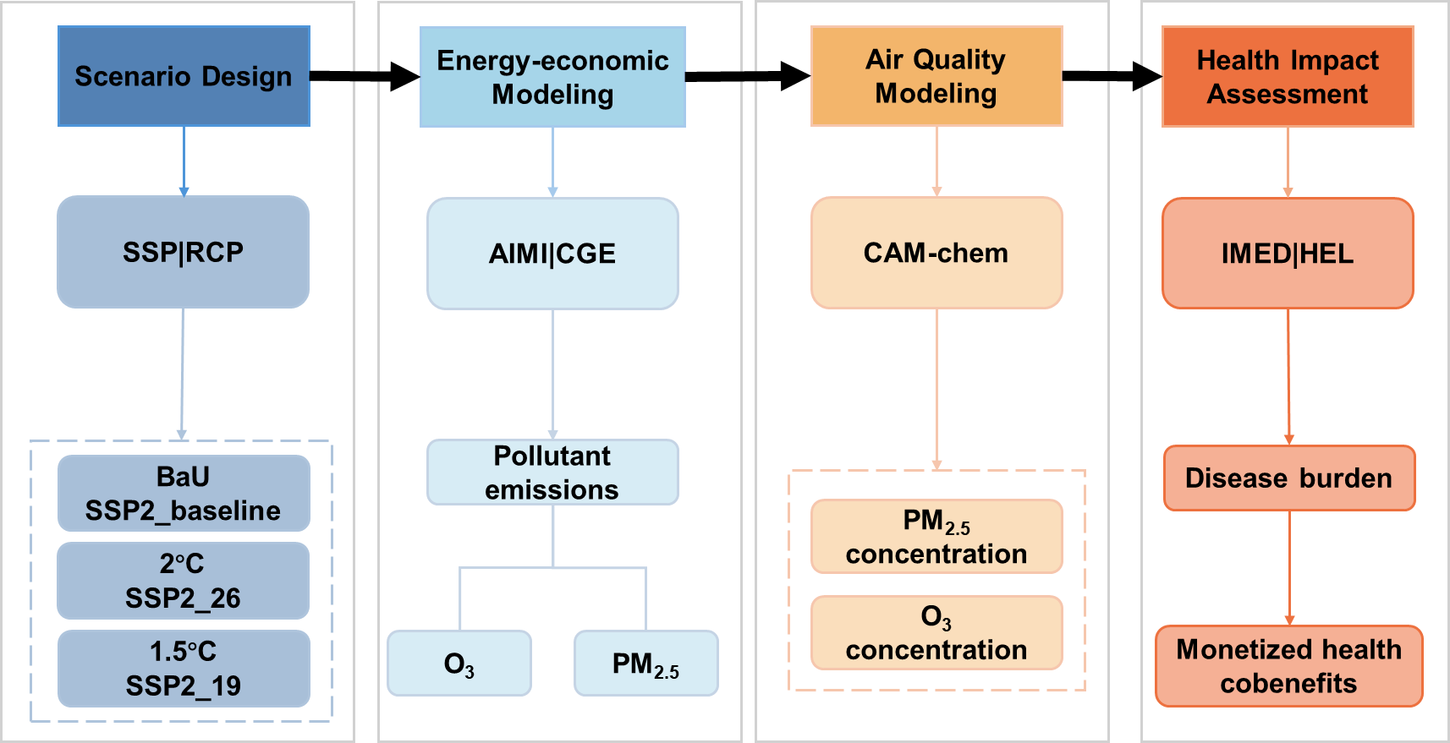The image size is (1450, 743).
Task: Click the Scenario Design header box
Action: pyautogui.click(x=184, y=76)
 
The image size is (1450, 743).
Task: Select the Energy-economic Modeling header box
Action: pyautogui.click(x=552, y=77)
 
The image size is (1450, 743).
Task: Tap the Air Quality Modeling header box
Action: pyautogui.click(x=936, y=76)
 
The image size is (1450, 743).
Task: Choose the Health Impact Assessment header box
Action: pyautogui.click(x=1288, y=77)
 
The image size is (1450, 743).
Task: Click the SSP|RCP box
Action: pyautogui.click(x=183, y=252)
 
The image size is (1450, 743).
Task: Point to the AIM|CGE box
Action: pyautogui.click(x=552, y=254)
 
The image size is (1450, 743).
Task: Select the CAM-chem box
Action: pyautogui.click(x=936, y=253)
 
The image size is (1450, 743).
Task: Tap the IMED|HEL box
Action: pyautogui.click(x=1288, y=254)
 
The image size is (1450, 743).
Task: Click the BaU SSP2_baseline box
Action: pyautogui.click(x=184, y=494)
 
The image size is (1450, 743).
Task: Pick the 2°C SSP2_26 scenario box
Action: pyautogui.click(x=184, y=581)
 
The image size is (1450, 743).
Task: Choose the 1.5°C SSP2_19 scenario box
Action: pyautogui.click(x=184, y=668)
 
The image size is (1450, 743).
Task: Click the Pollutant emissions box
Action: pyautogui.click(x=552, y=473)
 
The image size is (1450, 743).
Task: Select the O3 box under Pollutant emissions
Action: pyautogui.click(x=459, y=664)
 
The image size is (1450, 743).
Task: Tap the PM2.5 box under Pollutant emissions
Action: pyautogui.click(x=646, y=664)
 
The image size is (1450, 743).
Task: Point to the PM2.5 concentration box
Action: pyautogui.click(x=936, y=537)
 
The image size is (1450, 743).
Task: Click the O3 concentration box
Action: pyautogui.click(x=936, y=633)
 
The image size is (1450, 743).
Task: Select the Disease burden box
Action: pyautogui.click(x=1289, y=478)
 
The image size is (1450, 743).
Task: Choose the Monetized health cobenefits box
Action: pyautogui.click(x=1289, y=666)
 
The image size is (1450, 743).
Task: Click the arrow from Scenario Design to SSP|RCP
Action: pyautogui.click(x=184, y=161)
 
